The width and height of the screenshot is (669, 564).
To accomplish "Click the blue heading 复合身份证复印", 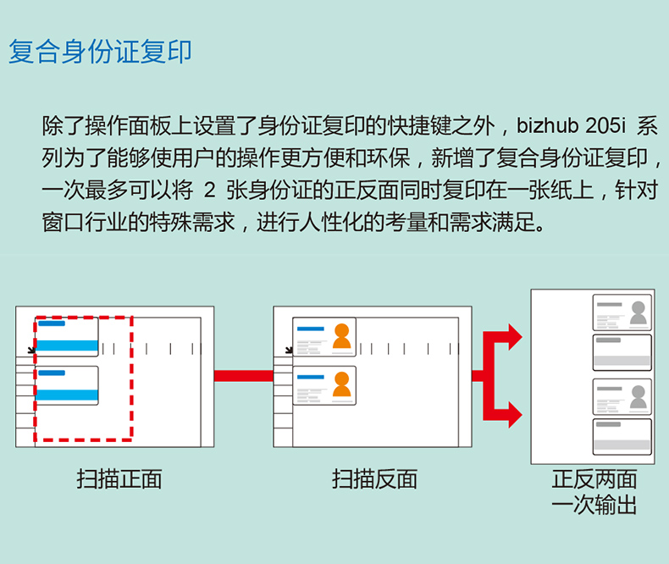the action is coord(100,52).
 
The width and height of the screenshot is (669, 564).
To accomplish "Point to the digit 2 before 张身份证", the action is coord(209,190).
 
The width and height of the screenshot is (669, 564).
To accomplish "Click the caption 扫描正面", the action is coord(119,478).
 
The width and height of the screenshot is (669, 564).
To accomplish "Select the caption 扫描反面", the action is coord(374,478).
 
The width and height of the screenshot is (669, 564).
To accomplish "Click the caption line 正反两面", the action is coord(594,478).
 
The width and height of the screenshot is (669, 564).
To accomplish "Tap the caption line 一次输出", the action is coord(594,505).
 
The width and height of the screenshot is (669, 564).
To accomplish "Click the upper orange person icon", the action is coord(342,336).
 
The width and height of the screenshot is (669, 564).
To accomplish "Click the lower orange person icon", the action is coord(342,384).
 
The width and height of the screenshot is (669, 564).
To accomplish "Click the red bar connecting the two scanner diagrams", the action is coord(244,376).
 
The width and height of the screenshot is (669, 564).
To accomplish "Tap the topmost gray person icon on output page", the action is coord(639,312).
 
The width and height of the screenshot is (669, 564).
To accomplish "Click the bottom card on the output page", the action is coord(622,437).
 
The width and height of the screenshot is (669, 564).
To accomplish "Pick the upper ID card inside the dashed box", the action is coord(67,336).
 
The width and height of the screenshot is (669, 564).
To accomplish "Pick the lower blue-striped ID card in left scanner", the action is coord(67,385).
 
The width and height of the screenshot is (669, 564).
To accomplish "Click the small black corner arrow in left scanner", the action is coord(31,350).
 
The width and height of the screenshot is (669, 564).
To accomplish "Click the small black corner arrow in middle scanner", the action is coord(289,350).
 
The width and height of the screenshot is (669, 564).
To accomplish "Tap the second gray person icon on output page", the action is coord(639,397).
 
